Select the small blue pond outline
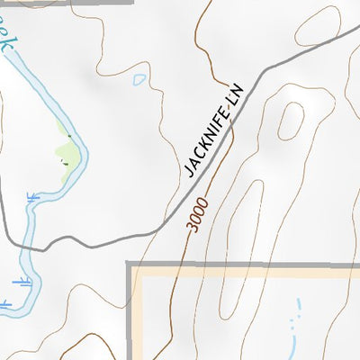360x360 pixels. [x=139, y=79]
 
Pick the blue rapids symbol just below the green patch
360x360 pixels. [x=34, y=196]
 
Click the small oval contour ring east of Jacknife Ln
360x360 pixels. [x=290, y=121]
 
